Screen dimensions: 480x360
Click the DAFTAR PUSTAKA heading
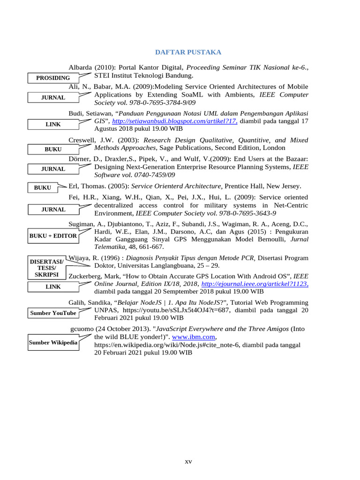[188, 52]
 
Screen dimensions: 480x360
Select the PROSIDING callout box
[53, 78]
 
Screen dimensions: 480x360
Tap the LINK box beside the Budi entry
[53, 124]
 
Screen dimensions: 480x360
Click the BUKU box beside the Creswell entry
[53, 149]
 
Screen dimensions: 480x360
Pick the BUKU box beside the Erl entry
[43, 187]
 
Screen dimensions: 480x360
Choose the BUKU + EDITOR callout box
[53, 236]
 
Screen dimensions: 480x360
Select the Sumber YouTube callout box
[53, 313]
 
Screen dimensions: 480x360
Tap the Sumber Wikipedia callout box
[53, 343]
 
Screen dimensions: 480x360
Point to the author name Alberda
[82, 67]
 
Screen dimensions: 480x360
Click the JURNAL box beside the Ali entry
[53, 97]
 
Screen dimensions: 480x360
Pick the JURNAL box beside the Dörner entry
[53, 169]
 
